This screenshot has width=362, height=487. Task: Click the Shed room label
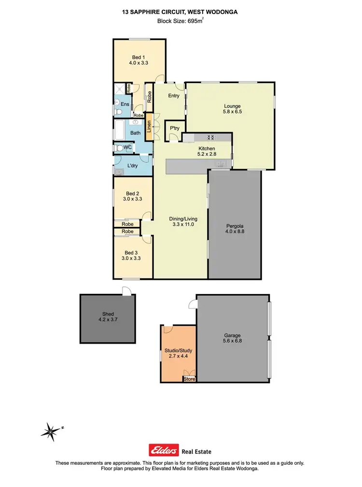[x=108, y=314]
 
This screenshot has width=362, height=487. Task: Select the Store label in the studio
[x=190, y=379]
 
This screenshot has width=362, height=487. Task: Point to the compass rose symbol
[x=50, y=429]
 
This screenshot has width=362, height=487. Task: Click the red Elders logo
[x=165, y=450]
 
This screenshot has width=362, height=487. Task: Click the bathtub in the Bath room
[x=119, y=130]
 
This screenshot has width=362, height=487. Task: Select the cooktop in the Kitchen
[x=211, y=137]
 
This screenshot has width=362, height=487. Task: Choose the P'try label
[x=173, y=128]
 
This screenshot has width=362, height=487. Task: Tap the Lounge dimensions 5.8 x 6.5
[x=232, y=112]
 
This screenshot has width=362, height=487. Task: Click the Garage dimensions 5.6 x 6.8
[x=232, y=341]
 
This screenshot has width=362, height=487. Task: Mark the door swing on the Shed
[x=126, y=291]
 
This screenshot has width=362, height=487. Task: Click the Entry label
[x=174, y=96]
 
